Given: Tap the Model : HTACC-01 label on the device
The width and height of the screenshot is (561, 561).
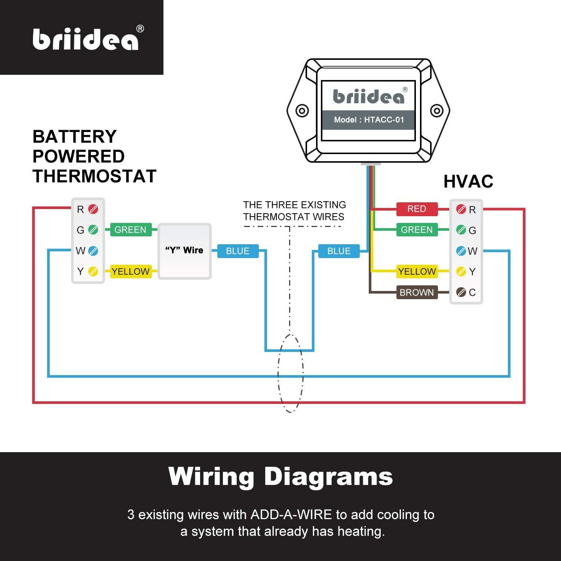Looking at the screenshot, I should pos(369,120).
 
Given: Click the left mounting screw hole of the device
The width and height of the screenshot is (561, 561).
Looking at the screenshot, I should pos(302,111).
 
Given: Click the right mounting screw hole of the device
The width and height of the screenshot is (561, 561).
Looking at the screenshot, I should pos(436,111).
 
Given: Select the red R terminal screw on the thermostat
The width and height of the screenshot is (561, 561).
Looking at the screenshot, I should pos(93,209).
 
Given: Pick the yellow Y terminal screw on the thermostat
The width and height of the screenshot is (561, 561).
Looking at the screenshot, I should pos(93,272).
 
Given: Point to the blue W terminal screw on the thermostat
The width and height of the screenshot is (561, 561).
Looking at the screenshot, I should pos(93,251).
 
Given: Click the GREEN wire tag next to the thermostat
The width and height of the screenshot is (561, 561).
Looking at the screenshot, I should pos(130,230).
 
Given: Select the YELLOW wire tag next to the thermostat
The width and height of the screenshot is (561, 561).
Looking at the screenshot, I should pos(130,272).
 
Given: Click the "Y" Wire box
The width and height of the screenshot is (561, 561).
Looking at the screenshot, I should pos(184,251).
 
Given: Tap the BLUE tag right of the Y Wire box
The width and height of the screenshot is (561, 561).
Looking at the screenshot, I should pos(237,251).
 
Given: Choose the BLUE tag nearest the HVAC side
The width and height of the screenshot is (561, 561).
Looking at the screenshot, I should pos(339,251).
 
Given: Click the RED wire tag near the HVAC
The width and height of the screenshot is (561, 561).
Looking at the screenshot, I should pos(417,209).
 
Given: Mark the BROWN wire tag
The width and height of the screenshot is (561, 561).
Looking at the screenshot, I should pos(417,292).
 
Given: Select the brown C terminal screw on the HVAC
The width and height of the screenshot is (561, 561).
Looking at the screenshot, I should pos(461,292).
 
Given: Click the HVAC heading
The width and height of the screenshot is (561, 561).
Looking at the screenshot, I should pos(468,182).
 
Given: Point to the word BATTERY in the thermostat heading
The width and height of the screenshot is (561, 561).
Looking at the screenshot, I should pos(74,137).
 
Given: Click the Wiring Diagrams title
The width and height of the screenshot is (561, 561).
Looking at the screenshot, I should pos(280,476).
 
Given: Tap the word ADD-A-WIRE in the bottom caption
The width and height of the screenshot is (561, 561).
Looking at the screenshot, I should pos(291,515).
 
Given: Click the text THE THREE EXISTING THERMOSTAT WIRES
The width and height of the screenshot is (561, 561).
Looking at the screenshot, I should pos(294,211).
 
